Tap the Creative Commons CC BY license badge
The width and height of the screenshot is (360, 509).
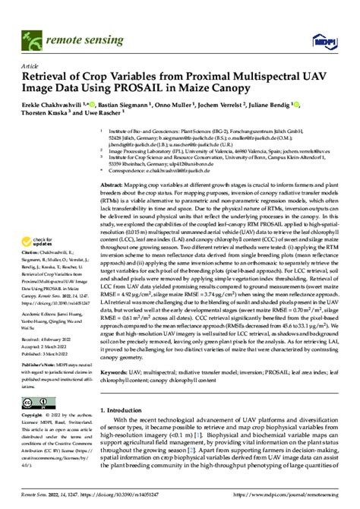coord(39,402)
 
